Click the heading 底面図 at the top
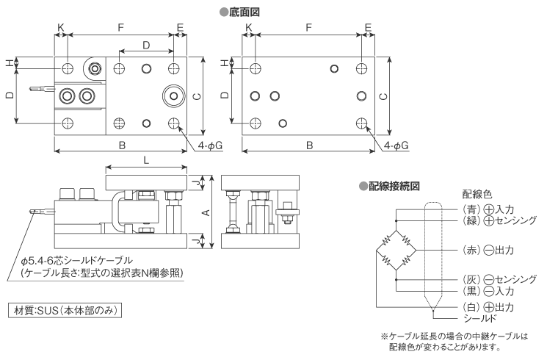[x=242, y=12]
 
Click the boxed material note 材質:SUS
[x=64, y=311]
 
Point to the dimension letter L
[x=146, y=159]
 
